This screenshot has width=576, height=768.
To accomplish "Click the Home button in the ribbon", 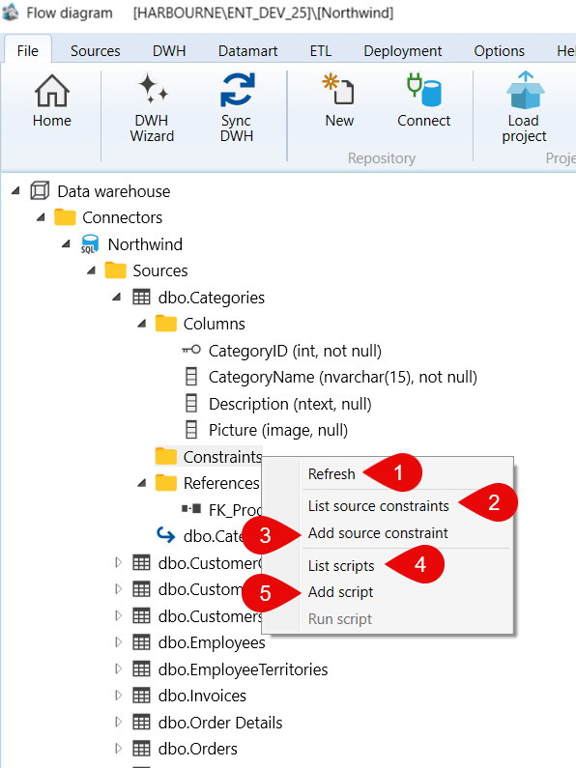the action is (x=52, y=100).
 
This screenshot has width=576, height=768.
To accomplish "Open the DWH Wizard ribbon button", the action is (x=152, y=108).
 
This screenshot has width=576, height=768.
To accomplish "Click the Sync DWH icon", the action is (x=238, y=90).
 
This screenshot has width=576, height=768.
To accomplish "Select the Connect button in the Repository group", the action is (x=423, y=100).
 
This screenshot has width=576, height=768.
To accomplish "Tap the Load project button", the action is (x=524, y=108).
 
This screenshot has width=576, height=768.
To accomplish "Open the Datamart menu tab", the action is (x=247, y=51).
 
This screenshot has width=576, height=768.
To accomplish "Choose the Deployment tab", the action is (x=403, y=51).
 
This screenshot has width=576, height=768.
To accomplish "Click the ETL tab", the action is (x=321, y=51).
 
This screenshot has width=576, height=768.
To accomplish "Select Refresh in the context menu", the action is (x=331, y=474).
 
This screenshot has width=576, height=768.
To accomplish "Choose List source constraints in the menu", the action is (x=379, y=506).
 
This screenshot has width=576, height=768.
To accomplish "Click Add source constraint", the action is (x=378, y=533).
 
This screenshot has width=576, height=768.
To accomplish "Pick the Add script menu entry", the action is (x=341, y=592).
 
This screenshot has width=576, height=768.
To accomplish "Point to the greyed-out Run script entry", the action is (x=340, y=619).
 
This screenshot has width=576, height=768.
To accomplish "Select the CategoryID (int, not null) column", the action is (x=295, y=351).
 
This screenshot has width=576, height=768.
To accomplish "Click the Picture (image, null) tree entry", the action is (x=278, y=430).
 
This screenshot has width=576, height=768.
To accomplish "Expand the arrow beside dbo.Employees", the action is (x=118, y=642).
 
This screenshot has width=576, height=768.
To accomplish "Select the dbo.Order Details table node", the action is (x=220, y=723).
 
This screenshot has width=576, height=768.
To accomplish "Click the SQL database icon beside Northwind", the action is (x=90, y=243).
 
